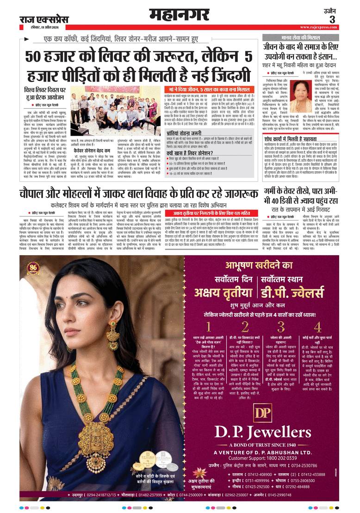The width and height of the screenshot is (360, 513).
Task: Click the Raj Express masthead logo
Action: [x=43, y=20]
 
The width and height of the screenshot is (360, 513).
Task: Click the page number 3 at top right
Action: [x=332, y=19]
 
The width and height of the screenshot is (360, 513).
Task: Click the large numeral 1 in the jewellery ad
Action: [x=208, y=327]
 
